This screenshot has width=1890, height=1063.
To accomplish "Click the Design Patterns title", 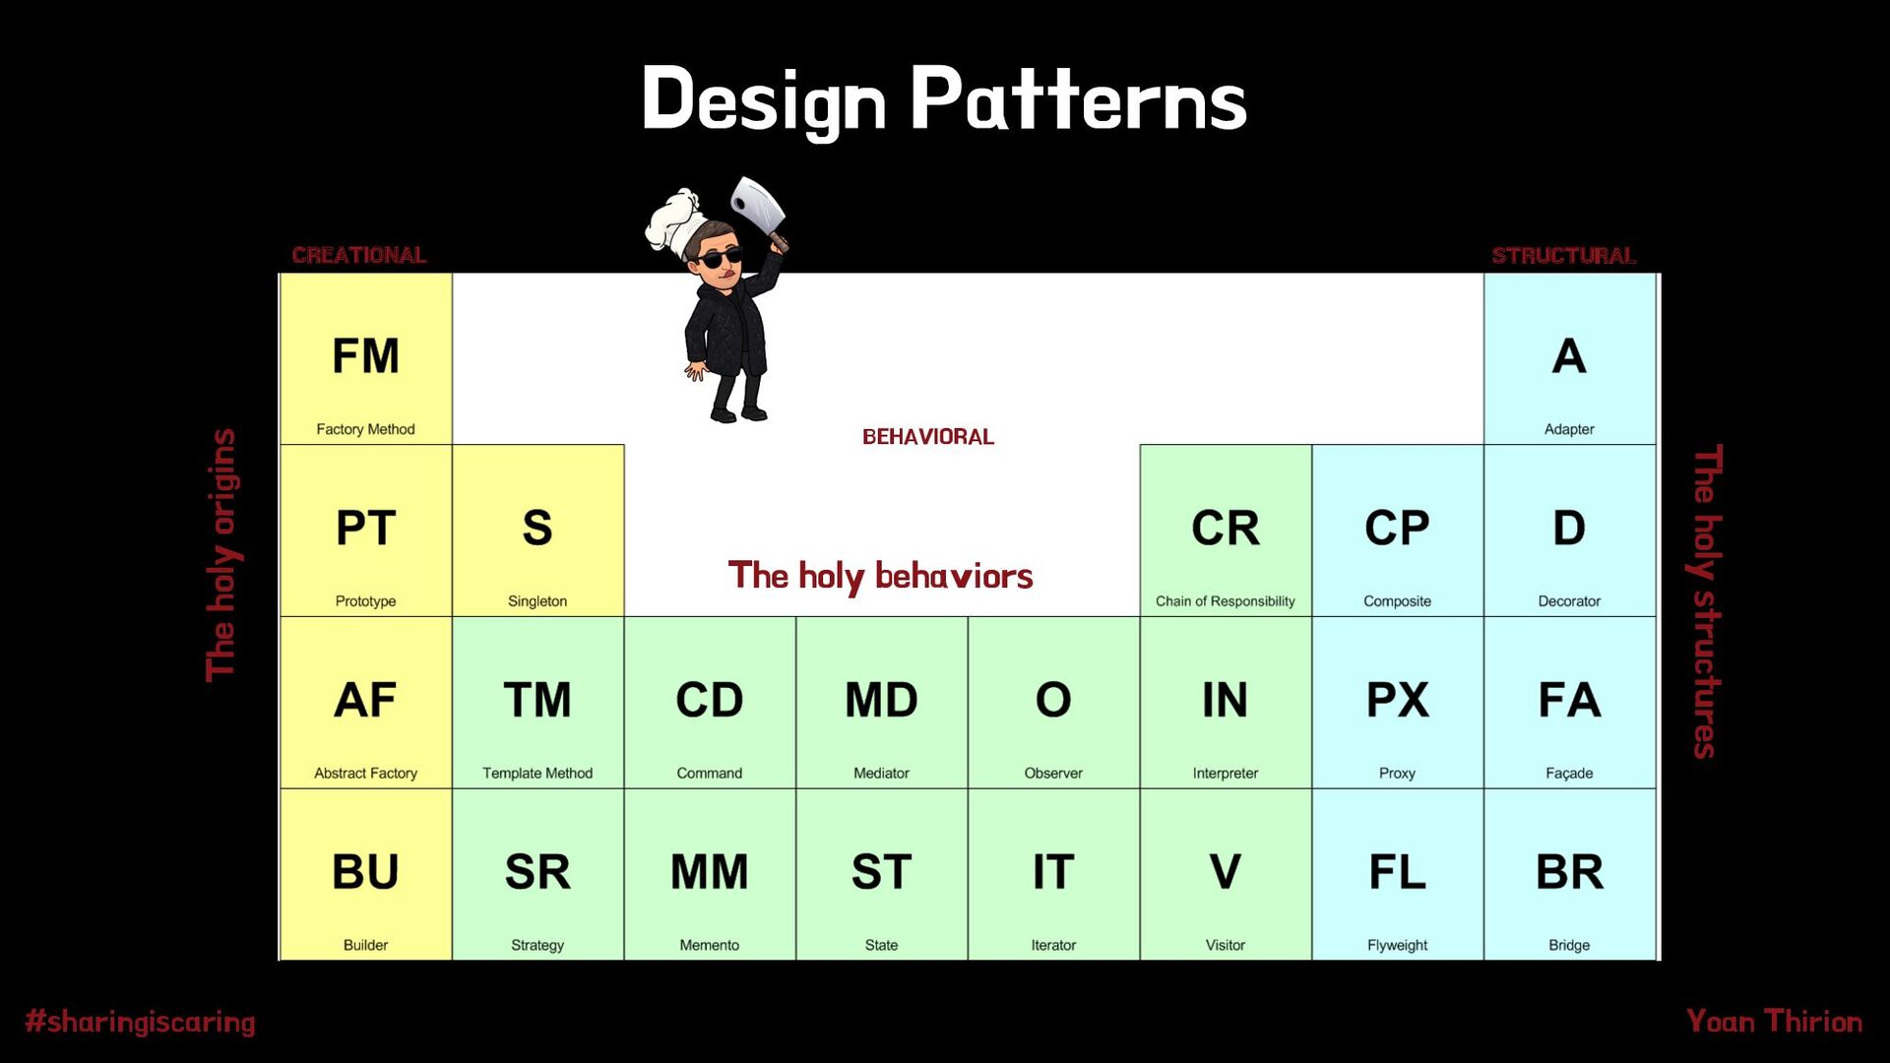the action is pos(944,99).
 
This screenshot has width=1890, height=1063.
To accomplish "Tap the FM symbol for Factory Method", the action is pos(365,356).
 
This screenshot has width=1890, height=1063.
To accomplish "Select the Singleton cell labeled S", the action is pos(538,531).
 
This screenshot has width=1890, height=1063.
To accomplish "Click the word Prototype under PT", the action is pos(365,601).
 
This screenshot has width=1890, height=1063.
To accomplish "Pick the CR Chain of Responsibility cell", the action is pos(1226,531).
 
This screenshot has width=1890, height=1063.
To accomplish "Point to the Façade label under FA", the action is pos(1569,774).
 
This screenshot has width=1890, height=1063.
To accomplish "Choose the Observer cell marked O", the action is pos(1053,703).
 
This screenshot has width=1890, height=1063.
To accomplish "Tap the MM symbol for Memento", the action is pos(709,872).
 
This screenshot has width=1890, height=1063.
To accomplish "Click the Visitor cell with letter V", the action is pos(1226,874).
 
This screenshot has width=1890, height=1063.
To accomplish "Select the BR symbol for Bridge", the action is pos(1569,872).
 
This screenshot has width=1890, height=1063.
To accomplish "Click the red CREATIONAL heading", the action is pos(359,255).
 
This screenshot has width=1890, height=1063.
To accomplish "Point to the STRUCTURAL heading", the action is pos(1564,256).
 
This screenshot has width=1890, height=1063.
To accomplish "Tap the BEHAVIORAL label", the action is pos(928,437).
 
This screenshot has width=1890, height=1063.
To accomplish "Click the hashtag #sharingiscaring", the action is pos(140,1022).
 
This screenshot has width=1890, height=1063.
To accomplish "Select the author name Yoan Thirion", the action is pos(1774,1022).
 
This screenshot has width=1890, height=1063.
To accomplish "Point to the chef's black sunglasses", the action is pos(720,259).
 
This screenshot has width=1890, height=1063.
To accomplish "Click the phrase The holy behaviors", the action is pos(881,576).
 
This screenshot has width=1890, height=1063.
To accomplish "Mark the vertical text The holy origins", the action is pos(222,555).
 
